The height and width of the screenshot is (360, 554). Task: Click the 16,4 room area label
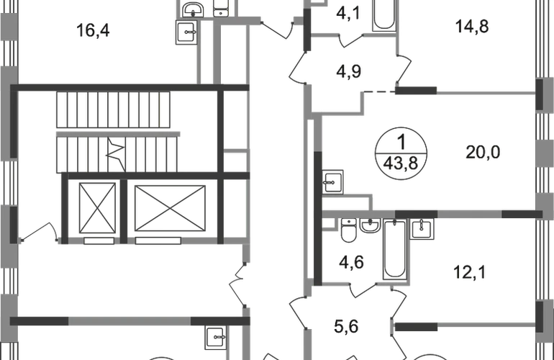(x=94, y=31)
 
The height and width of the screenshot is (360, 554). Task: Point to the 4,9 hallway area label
(x=348, y=71)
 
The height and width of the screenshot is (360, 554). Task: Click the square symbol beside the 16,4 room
(x=186, y=33)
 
